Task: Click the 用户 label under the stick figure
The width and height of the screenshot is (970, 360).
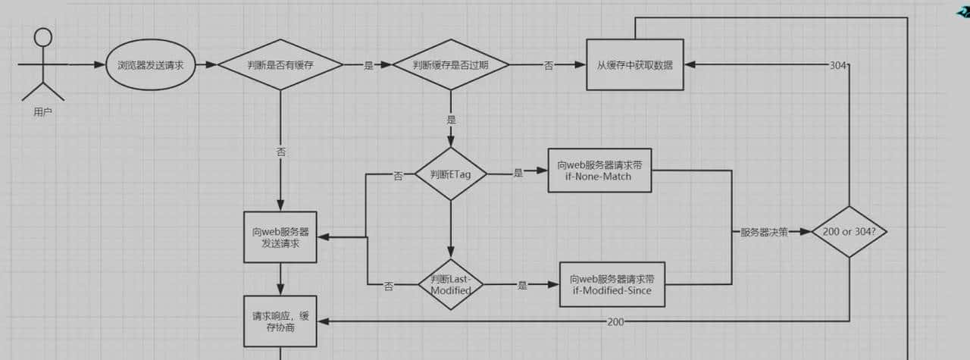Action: [x=43, y=112]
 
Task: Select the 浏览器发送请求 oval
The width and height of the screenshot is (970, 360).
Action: [x=151, y=65]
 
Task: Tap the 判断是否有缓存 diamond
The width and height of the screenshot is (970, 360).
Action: [x=280, y=65]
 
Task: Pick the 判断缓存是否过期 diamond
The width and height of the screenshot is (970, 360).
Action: [x=450, y=65]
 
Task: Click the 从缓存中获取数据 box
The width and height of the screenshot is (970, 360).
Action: [x=635, y=65]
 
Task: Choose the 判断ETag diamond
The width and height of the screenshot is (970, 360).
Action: [x=450, y=174]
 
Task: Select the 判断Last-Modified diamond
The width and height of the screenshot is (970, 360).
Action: [x=450, y=284]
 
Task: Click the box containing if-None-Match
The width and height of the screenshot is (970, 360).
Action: [x=599, y=171]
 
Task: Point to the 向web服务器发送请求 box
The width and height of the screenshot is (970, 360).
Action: [x=280, y=237]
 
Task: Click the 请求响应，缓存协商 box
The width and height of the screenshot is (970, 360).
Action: [x=280, y=321]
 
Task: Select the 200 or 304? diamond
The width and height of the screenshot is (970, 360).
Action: [x=849, y=232]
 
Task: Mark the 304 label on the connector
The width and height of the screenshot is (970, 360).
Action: [x=837, y=66]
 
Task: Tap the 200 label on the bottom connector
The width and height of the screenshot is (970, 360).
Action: [x=616, y=322]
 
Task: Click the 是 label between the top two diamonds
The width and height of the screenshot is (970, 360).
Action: [x=369, y=66]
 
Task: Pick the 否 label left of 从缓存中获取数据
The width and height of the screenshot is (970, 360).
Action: [x=548, y=66]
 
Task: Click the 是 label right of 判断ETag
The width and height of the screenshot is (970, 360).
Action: [x=518, y=174]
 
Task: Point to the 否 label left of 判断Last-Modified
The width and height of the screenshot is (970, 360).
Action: [x=389, y=286]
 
